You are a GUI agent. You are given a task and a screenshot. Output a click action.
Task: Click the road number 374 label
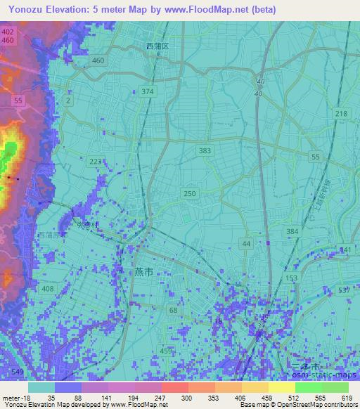click(147, 92)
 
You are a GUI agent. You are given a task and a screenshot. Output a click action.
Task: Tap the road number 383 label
click(205, 151)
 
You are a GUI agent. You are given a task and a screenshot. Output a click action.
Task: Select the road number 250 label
click(190, 193)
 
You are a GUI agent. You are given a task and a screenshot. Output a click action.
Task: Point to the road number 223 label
click(95, 162)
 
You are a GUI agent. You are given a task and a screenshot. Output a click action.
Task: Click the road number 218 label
click(341, 114)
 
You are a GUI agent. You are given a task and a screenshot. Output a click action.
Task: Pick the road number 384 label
click(292, 231)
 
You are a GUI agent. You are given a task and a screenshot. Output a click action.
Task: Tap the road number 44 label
click(245, 243)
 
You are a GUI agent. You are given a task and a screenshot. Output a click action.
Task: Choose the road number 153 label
click(292, 278)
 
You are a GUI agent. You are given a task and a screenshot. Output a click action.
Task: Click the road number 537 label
click(344, 290)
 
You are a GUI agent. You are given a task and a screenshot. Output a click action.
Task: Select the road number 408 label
click(48, 290)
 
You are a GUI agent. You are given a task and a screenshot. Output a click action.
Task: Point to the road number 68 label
click(174, 310)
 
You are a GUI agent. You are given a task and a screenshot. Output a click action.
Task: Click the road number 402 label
click(7, 32)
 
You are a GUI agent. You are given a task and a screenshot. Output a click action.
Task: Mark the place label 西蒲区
click(157, 46)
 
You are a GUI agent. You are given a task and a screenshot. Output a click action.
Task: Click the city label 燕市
click(143, 272)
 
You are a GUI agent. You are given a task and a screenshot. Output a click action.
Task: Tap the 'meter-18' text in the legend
click(13, 398)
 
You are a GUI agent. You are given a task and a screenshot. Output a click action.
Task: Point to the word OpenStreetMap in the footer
click(323, 405)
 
